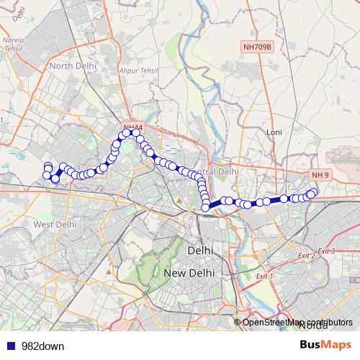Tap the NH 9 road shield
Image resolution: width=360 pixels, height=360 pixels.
click(x=320, y=175)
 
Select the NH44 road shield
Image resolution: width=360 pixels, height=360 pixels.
click(x=132, y=127)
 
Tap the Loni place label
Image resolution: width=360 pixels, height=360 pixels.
click(x=274, y=132)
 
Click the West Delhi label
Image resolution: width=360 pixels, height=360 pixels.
click(x=54, y=224)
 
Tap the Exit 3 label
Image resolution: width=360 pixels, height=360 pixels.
click(x=327, y=250)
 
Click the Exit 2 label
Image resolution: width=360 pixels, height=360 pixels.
click(x=307, y=256)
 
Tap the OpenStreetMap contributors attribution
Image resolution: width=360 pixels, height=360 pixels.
click(x=297, y=322)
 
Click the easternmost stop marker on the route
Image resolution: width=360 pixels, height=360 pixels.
click(x=313, y=192)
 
